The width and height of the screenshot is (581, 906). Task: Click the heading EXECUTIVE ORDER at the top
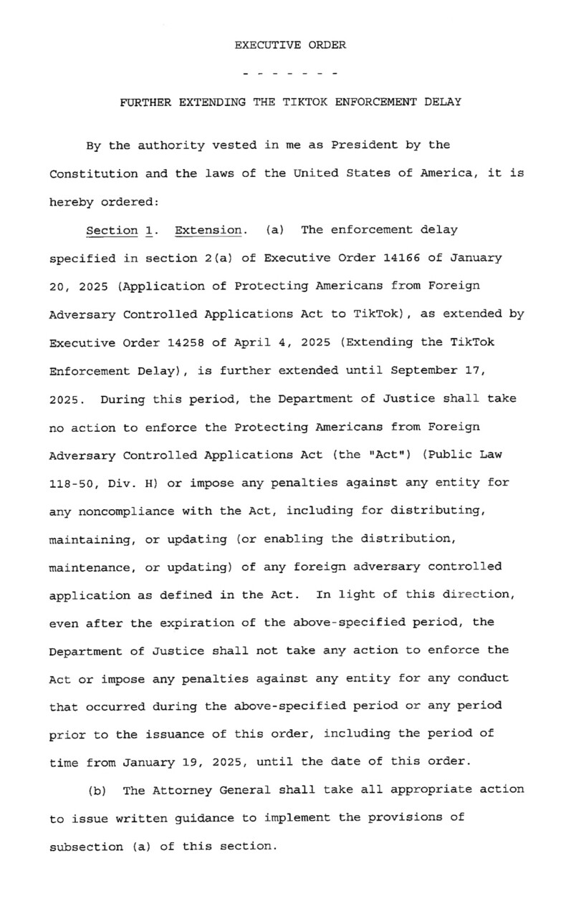[290, 45]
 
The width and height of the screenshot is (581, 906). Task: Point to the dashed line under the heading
[290, 74]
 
